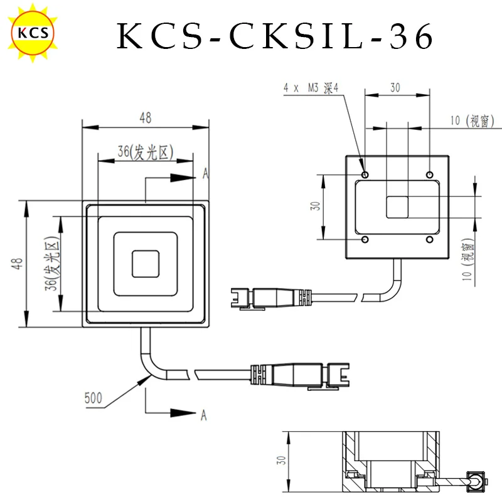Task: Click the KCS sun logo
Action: coord(33,33)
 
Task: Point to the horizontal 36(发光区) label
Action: coord(146,152)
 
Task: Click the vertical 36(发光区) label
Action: coord(52,264)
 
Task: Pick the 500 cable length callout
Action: coord(93,398)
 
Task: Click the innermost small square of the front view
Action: coord(146,264)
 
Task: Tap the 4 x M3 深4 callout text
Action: coord(311,88)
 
